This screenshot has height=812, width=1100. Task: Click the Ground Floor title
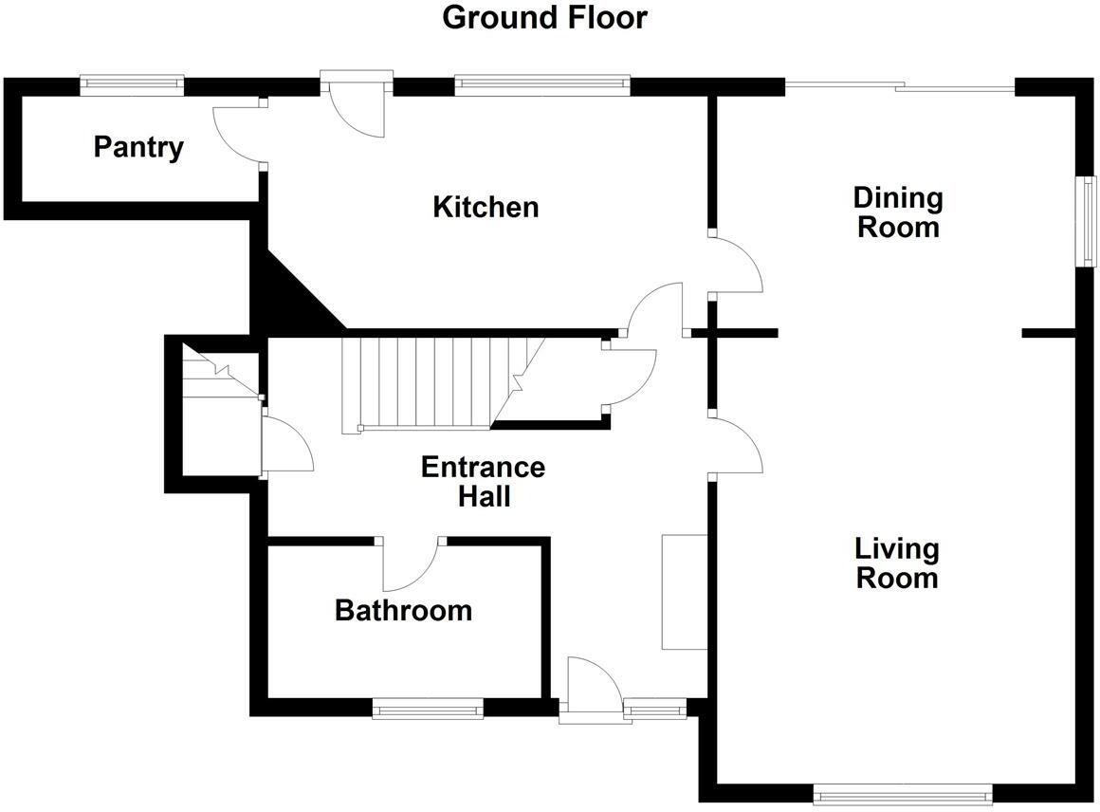[x=545, y=17]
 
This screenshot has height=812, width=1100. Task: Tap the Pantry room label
[x=138, y=147]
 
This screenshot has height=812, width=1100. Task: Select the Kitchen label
[x=486, y=207]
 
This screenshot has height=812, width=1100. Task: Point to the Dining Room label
[x=897, y=212]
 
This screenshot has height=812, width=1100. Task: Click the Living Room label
[x=896, y=563]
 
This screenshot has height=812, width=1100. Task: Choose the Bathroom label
[x=403, y=610]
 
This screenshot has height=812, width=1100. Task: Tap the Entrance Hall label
[x=483, y=482]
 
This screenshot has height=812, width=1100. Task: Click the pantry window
[x=132, y=84]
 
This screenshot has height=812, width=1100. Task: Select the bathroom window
[x=428, y=708]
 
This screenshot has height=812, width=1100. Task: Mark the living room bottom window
[x=903, y=793]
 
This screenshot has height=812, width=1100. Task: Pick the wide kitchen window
[x=542, y=85]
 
